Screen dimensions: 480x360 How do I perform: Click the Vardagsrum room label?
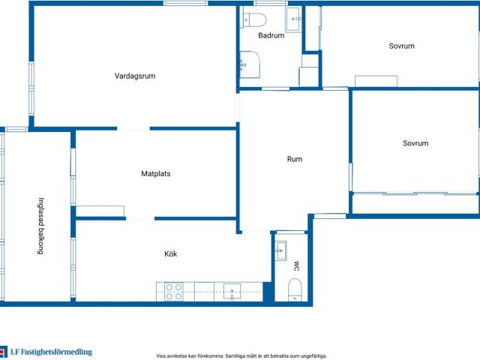(x=135, y=76)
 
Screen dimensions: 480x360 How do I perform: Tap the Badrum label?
(x=271, y=35)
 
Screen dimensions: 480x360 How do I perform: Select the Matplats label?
(x=156, y=173)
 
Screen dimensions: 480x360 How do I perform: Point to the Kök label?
(x=170, y=253)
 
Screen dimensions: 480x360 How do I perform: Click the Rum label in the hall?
(x=295, y=159)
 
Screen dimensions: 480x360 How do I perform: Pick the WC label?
(x=296, y=266)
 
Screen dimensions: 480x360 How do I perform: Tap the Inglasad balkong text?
(x=40, y=226)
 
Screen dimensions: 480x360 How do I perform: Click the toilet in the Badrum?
(x=255, y=20)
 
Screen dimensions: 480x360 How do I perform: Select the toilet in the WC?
(x=295, y=290)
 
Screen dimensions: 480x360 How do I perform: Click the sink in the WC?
(x=280, y=250)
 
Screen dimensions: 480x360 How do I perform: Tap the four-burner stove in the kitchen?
(x=174, y=292)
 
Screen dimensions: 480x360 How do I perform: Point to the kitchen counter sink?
(x=232, y=292)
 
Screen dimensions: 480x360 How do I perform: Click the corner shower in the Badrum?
(x=250, y=64)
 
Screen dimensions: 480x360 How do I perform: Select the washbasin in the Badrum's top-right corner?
(x=294, y=19)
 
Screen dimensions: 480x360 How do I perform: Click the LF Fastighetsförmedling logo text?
(x=52, y=352)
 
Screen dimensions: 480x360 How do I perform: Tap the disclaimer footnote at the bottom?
(x=241, y=356)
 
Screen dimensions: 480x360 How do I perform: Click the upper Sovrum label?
(x=402, y=46)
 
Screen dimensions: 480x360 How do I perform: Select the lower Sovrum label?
(x=415, y=143)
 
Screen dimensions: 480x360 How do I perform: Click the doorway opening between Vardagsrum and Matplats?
(x=133, y=129)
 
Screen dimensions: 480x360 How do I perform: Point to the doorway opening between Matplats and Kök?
(x=140, y=218)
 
